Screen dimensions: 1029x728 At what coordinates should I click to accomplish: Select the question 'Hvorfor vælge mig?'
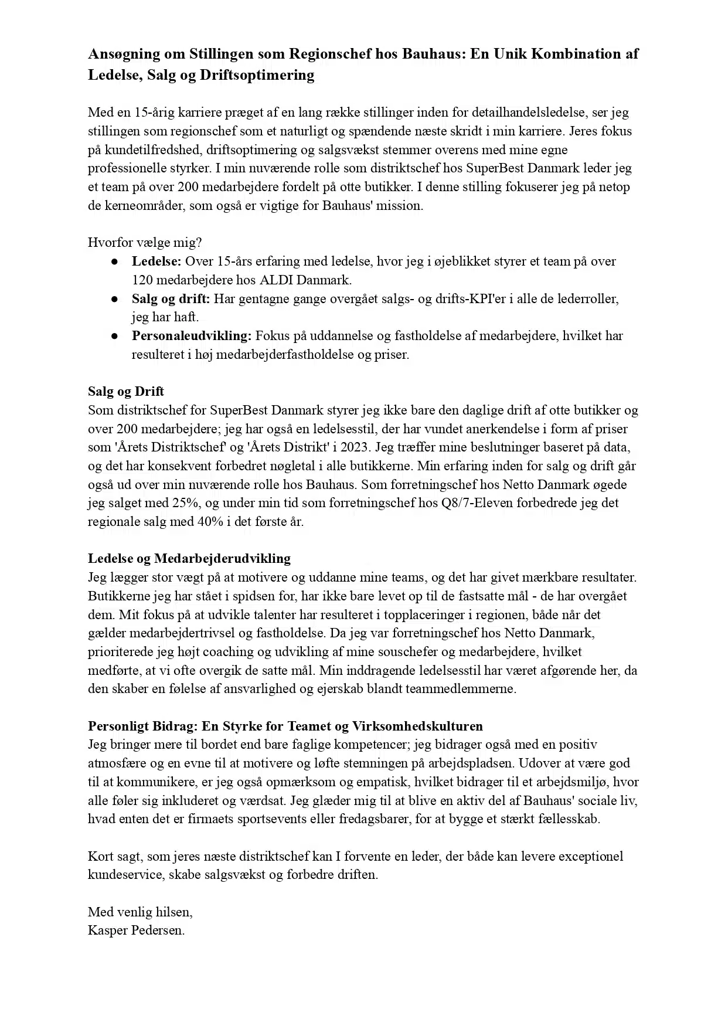(145, 242)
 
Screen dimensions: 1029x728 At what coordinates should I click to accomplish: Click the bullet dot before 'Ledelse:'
(115, 262)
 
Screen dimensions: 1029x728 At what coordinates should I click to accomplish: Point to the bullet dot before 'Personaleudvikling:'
(115, 337)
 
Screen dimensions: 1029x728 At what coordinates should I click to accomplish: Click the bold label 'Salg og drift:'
(171, 298)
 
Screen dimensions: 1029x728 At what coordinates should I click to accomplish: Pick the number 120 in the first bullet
(142, 280)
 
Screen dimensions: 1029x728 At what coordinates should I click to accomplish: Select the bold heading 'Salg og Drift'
(126, 392)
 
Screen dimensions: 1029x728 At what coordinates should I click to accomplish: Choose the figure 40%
(212, 522)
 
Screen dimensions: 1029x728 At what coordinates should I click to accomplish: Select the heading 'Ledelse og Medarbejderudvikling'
(189, 558)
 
